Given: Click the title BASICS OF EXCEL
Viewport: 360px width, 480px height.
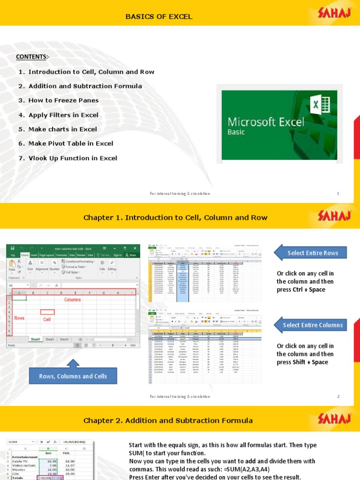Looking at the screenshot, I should [158, 17].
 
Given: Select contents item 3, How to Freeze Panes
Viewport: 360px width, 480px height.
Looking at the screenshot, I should [63, 100].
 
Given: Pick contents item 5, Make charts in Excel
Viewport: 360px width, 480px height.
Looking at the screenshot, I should [63, 129].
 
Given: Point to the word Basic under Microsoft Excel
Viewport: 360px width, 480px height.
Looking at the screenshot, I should [237, 132].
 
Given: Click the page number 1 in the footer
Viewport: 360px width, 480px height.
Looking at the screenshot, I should [338, 194].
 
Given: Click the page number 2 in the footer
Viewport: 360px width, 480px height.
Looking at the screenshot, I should [338, 397].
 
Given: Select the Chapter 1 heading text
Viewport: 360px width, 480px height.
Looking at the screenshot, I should [175, 217].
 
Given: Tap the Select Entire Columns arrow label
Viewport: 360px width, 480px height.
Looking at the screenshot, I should [313, 325].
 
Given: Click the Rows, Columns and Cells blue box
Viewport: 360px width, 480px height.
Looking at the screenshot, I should [73, 376].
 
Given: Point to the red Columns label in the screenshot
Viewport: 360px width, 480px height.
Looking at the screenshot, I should [73, 299].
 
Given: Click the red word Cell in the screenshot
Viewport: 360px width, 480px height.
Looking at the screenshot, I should [47, 319].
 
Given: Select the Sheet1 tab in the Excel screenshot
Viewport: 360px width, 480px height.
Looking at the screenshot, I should [35, 339].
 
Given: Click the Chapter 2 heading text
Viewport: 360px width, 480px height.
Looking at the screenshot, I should [168, 420].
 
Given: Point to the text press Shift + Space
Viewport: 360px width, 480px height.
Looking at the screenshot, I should [302, 362].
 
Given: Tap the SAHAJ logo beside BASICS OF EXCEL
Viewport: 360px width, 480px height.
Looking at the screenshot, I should [334, 15].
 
